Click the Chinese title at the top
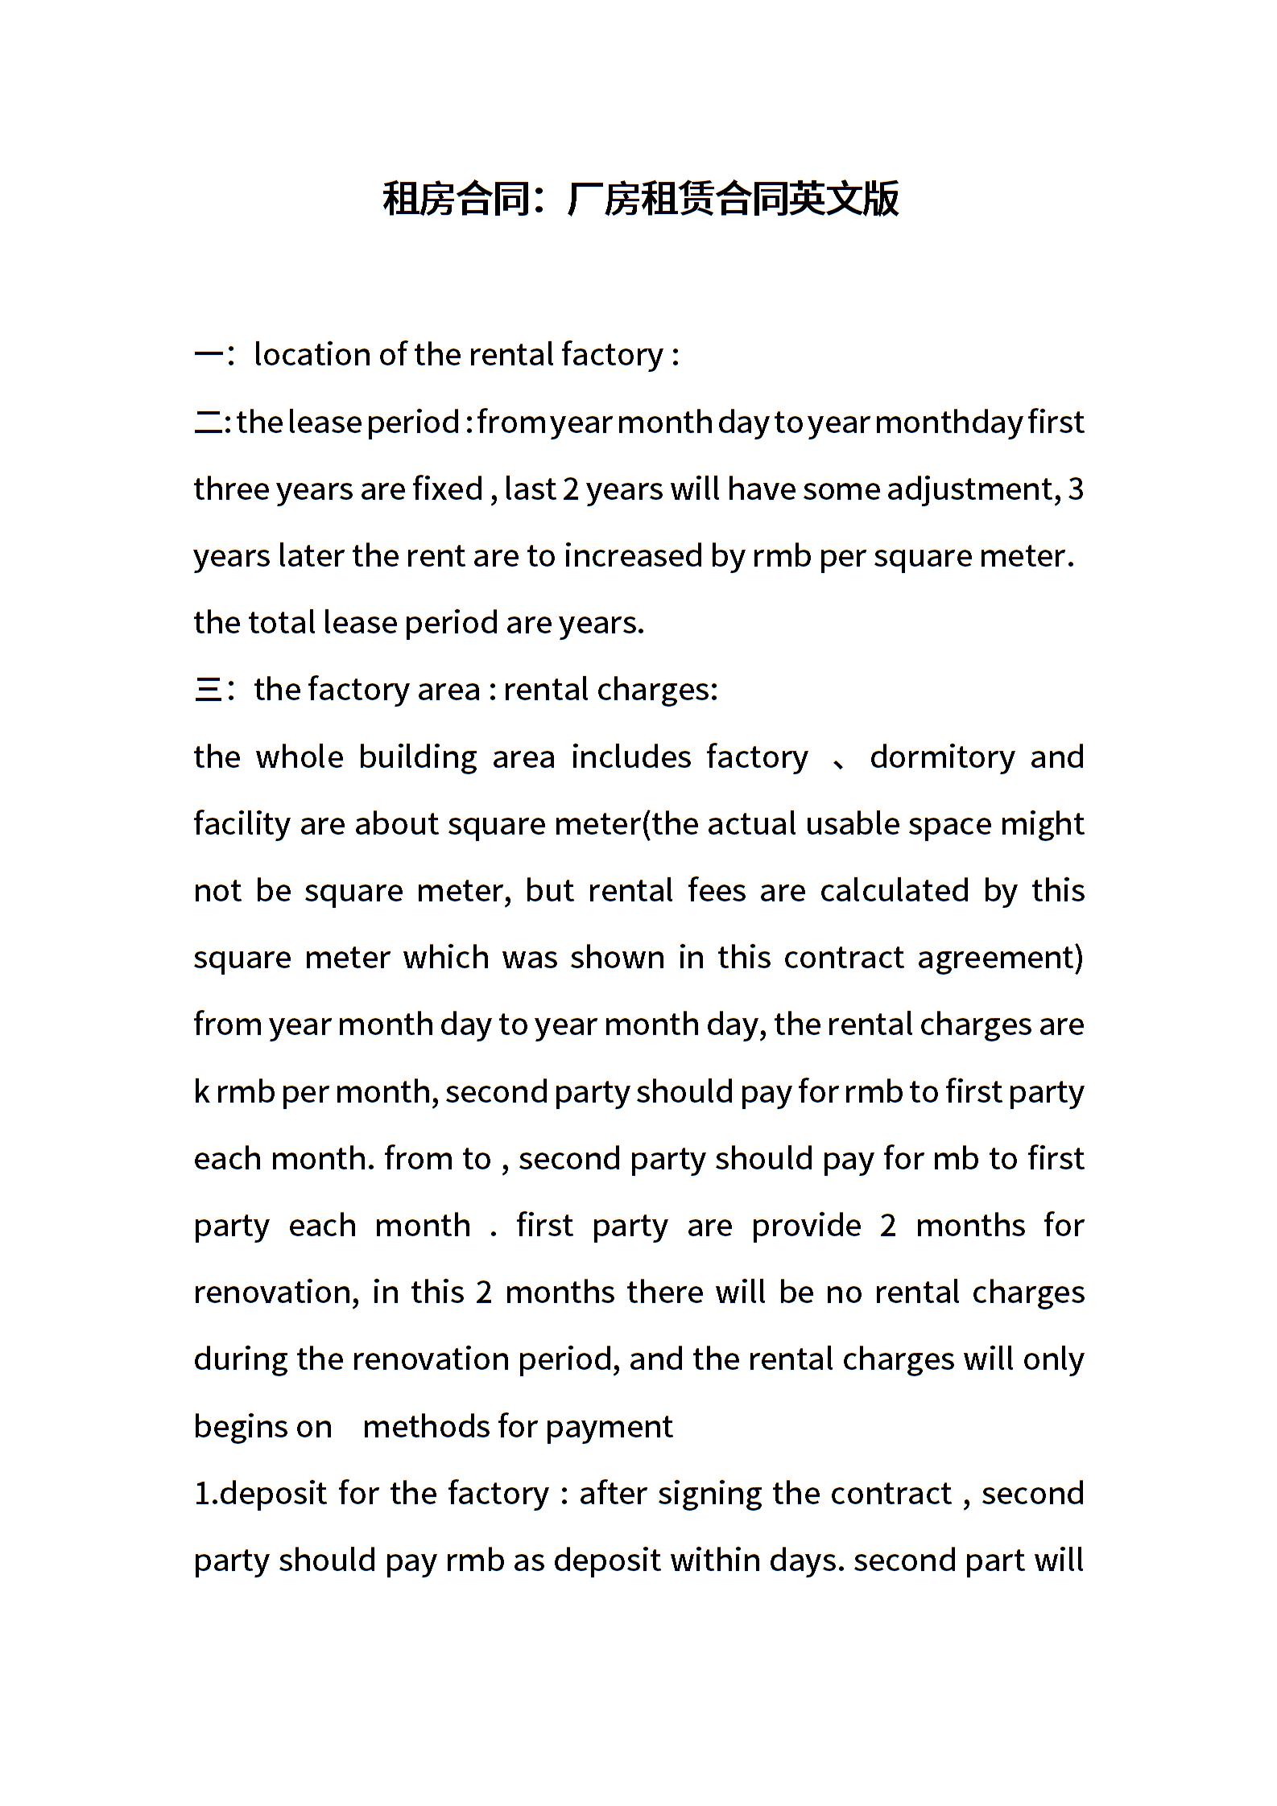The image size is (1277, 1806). point(640,199)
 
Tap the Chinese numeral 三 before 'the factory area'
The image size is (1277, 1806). point(208,690)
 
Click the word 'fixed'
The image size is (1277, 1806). point(448,489)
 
